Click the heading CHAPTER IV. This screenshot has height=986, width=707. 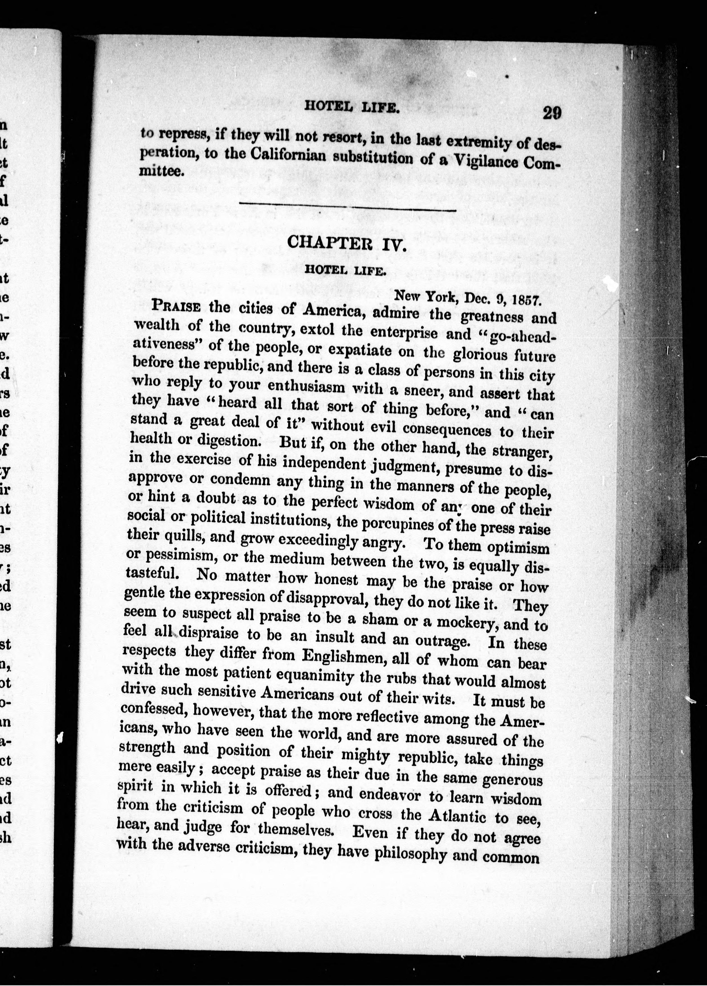[x=346, y=243]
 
